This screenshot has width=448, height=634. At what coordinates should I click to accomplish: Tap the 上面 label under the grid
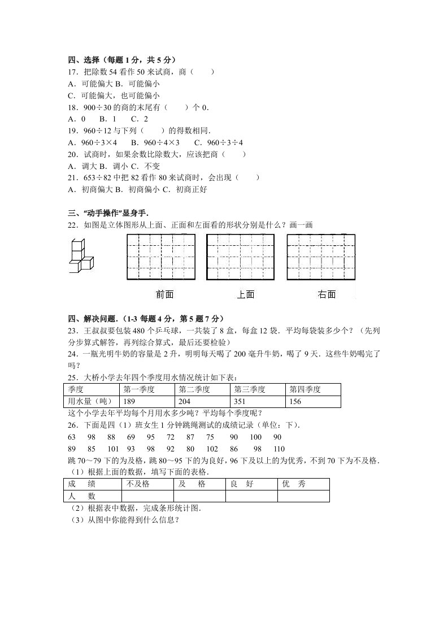[x=245, y=294]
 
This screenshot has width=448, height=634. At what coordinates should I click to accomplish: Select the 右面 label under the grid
[x=327, y=294]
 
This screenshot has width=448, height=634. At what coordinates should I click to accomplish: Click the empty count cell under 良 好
[x=251, y=496]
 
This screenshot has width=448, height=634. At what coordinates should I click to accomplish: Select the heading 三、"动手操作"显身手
[x=107, y=213]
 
